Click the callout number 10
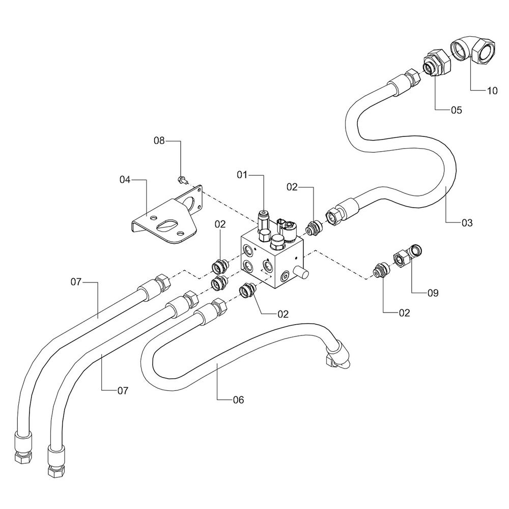(492, 91)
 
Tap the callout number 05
(456, 110)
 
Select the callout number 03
(467, 222)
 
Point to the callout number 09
(432, 293)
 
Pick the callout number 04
(125, 179)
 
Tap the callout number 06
(238, 400)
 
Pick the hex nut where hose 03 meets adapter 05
(409, 78)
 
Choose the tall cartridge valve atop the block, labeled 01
(264, 222)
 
